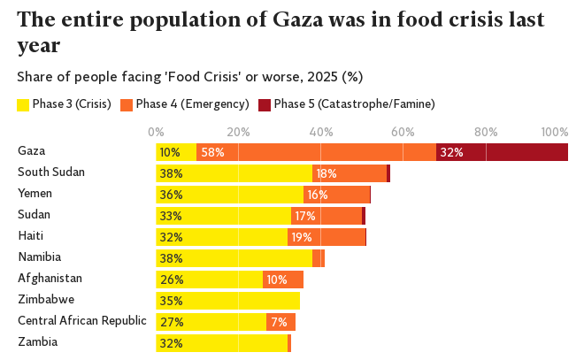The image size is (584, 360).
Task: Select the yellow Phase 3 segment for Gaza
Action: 176,152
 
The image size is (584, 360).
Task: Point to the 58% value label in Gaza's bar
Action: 213,152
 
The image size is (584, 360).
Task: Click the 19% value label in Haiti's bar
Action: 302,237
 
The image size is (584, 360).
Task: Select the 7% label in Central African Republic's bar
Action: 279,322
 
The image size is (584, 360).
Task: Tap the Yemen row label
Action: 35,193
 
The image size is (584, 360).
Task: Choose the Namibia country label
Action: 39,257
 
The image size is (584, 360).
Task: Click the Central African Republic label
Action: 81,320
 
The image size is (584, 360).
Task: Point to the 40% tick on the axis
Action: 320,132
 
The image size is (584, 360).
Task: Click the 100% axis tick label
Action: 554,132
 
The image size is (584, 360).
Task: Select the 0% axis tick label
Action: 157,132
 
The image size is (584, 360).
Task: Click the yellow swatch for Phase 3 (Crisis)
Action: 23,105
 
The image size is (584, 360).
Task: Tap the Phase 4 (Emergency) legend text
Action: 192,104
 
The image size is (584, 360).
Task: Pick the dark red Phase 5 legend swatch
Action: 264,105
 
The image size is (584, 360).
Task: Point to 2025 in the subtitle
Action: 317,77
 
